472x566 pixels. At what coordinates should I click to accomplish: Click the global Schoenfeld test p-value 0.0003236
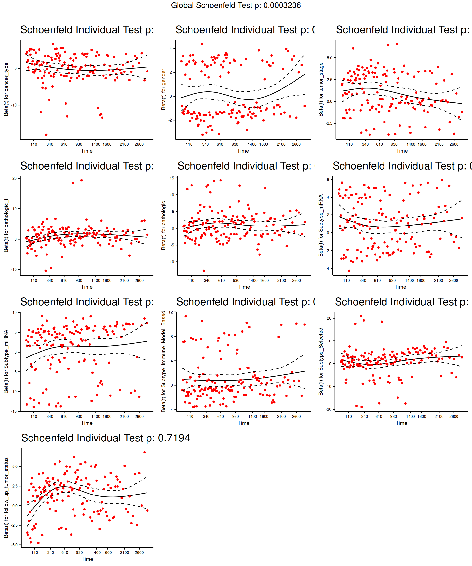point(282,5)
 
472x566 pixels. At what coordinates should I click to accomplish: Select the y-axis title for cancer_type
point(6,89)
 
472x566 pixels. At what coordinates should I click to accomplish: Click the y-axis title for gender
point(163,89)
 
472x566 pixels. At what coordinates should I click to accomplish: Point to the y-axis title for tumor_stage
point(321,89)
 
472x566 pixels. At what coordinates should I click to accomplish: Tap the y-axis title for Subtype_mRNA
point(321,225)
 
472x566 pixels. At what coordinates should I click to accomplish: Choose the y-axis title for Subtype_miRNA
point(6,361)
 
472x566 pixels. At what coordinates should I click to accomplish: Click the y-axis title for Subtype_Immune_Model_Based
point(163,361)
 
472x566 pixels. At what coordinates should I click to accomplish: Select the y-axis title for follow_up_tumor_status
point(6,497)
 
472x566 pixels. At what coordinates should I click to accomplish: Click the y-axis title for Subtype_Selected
point(321,361)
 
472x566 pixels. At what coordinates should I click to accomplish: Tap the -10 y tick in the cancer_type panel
point(14,105)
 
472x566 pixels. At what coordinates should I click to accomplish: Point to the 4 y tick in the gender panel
point(171,48)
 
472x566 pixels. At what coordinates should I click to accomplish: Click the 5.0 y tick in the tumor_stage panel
point(329,58)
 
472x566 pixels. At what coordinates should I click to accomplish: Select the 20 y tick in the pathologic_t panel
point(14,178)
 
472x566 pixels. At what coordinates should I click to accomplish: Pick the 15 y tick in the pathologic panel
point(172,178)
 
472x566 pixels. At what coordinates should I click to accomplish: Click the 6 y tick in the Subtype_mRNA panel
point(328,180)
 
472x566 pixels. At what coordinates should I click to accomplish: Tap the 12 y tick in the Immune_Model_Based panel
point(170,312)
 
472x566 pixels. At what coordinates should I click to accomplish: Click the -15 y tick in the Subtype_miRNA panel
point(14,411)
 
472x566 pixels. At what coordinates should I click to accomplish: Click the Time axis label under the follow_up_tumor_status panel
point(87,559)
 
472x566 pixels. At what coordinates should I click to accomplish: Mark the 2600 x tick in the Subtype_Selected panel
point(454,416)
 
